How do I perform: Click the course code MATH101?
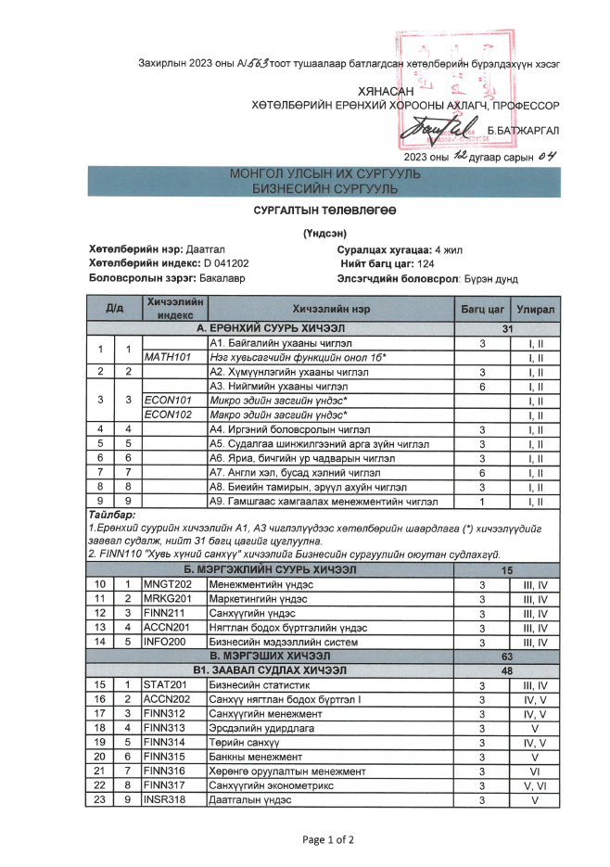tap(167, 357)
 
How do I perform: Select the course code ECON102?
tap(167, 414)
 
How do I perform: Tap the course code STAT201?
tap(165, 685)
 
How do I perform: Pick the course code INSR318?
tap(165, 800)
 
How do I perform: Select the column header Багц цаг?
tap(482, 308)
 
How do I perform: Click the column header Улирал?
tap(535, 308)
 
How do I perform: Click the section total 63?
tap(507, 656)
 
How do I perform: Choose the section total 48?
tap(507, 669)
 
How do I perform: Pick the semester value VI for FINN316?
tap(535, 771)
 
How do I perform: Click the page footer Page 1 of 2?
tap(328, 840)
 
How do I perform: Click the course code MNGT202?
tap(166, 584)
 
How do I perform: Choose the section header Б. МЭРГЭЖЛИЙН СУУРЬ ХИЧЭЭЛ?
tap(270, 569)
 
